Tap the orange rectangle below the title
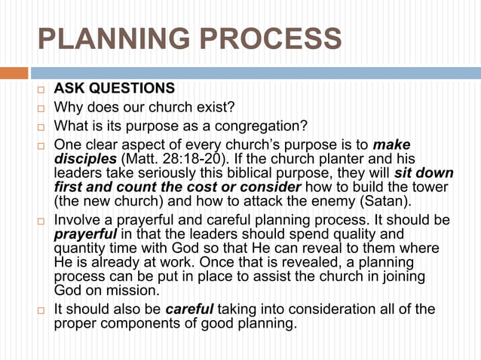pyautogui.click(x=14, y=73)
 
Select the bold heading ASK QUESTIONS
pyautogui.click(x=114, y=90)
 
